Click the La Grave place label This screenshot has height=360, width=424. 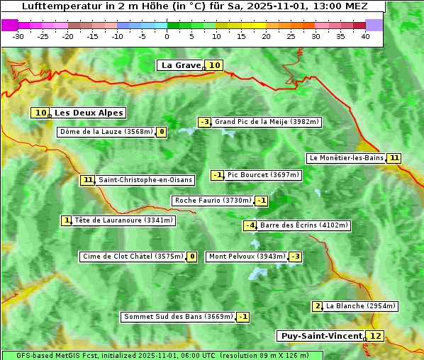click(x=181, y=65)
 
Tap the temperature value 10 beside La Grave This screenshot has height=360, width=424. click(x=215, y=65)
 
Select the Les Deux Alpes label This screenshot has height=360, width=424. click(x=89, y=113)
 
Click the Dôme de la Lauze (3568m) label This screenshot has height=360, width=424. click(x=106, y=132)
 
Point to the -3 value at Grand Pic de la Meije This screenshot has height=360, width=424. click(x=205, y=122)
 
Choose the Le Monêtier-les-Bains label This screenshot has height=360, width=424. click(x=346, y=158)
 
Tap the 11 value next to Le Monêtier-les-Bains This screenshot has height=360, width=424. click(x=394, y=158)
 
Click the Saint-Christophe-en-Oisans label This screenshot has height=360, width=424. click(x=145, y=180)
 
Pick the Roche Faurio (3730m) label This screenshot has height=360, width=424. click(x=213, y=201)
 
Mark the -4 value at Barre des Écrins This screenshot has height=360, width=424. click(x=250, y=225)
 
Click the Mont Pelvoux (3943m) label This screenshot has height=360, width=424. click(x=247, y=257)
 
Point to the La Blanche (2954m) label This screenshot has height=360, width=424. click(x=361, y=306)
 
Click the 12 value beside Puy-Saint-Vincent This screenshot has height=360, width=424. click(x=375, y=336)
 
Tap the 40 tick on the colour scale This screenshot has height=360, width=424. click(x=365, y=36)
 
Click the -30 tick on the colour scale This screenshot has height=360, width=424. click(x=18, y=36)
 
